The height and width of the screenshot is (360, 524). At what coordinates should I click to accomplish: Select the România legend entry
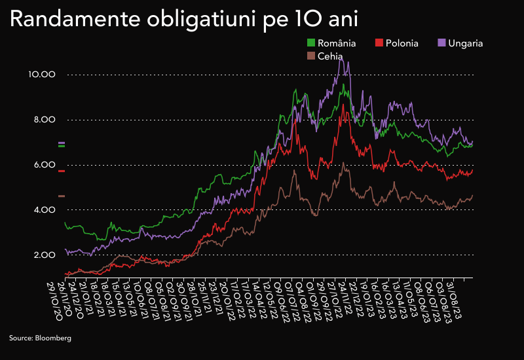[331, 43]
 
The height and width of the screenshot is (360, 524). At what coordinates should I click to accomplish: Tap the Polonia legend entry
[396, 43]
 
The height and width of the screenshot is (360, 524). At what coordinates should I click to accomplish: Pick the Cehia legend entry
[325, 56]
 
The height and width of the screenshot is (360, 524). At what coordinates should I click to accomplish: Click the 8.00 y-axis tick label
[43, 120]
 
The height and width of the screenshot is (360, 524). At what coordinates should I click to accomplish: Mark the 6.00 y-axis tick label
[43, 165]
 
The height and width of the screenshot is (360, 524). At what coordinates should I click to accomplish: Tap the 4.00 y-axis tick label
[43, 209]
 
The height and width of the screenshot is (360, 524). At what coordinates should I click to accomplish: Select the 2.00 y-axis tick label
[43, 255]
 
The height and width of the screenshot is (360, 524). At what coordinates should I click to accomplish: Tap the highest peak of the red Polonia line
[342, 105]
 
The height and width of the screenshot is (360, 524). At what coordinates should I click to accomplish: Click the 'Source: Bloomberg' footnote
[40, 338]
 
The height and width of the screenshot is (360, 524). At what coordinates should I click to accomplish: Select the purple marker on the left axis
[62, 143]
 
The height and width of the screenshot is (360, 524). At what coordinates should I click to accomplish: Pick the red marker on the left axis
[62, 171]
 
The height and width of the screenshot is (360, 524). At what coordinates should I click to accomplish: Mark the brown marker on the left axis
[62, 196]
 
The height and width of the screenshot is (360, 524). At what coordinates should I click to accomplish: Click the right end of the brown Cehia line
[472, 196]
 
